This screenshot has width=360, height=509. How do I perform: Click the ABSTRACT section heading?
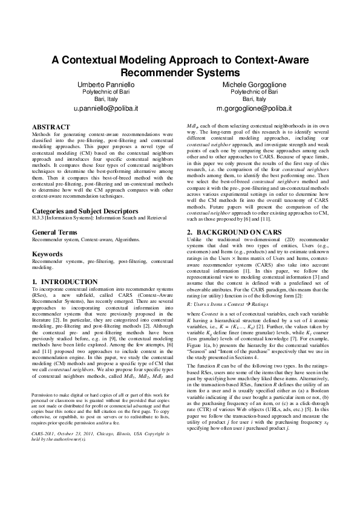click(48, 127)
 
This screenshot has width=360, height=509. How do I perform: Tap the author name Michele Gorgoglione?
click(254, 83)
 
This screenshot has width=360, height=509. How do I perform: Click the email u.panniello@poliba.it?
click(106, 109)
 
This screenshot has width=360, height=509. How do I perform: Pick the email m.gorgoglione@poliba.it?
click(254, 109)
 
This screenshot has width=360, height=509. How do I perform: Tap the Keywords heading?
click(46, 254)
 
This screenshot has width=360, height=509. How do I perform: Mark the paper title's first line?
click(180, 60)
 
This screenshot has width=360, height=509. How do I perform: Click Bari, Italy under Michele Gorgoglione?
click(254, 99)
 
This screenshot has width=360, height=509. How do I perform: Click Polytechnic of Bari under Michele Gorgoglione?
click(254, 91)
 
